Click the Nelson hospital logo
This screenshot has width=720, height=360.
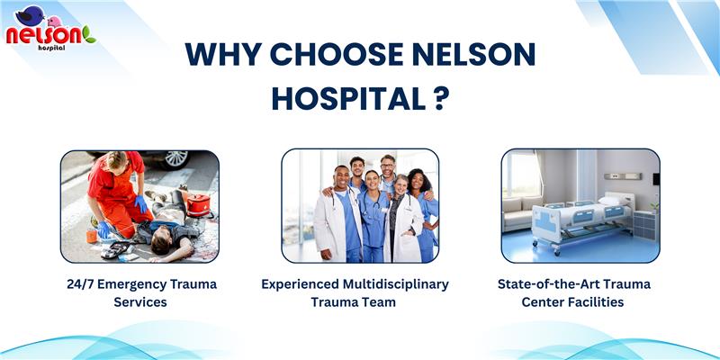pos(50,29)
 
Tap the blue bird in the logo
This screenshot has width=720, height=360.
pos(30,15)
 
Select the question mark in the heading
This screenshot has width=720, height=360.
pos(438,99)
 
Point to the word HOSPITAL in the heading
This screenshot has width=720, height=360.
pos(348,99)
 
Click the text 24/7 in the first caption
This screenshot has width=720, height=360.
pos(80,284)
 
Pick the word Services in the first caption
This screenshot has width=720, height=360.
pos(140,302)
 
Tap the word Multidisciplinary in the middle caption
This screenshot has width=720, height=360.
pos(396,284)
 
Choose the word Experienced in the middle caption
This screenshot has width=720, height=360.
pos(301,284)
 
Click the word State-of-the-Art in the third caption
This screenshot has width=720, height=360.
pos(550,284)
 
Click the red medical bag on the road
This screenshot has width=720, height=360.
pos(199,205)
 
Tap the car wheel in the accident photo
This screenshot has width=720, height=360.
pos(176,159)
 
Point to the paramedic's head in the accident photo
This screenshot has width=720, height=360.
pos(117,161)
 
